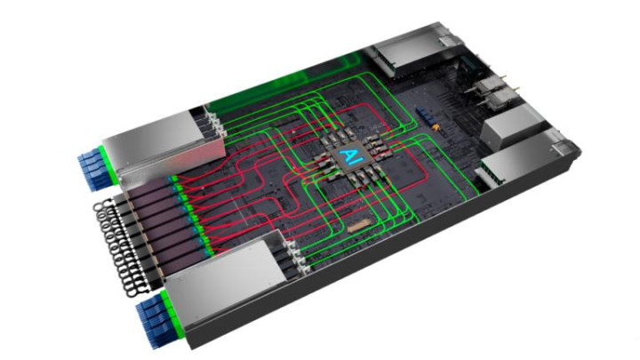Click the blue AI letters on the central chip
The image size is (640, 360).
point(350,156)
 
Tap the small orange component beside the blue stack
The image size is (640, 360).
point(437,127)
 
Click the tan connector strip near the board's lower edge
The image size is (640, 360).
point(359,225)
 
